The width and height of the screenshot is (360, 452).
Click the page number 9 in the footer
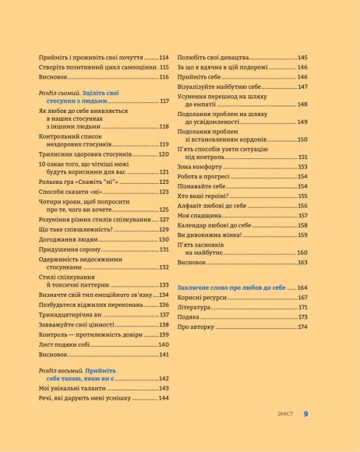pos(306,414)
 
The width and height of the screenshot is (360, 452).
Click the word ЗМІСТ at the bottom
pos(282,415)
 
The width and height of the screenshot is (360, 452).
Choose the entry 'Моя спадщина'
pos(198,215)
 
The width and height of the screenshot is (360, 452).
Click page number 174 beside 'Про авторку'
pos(302,327)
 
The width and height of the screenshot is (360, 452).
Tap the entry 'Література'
pos(195,307)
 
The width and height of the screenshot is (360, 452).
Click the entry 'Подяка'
pos(189,317)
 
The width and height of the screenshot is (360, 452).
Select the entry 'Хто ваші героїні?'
pos(206,196)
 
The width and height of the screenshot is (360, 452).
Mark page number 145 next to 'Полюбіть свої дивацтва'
pos(302,58)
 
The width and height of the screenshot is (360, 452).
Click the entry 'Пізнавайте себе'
pos(203,186)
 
